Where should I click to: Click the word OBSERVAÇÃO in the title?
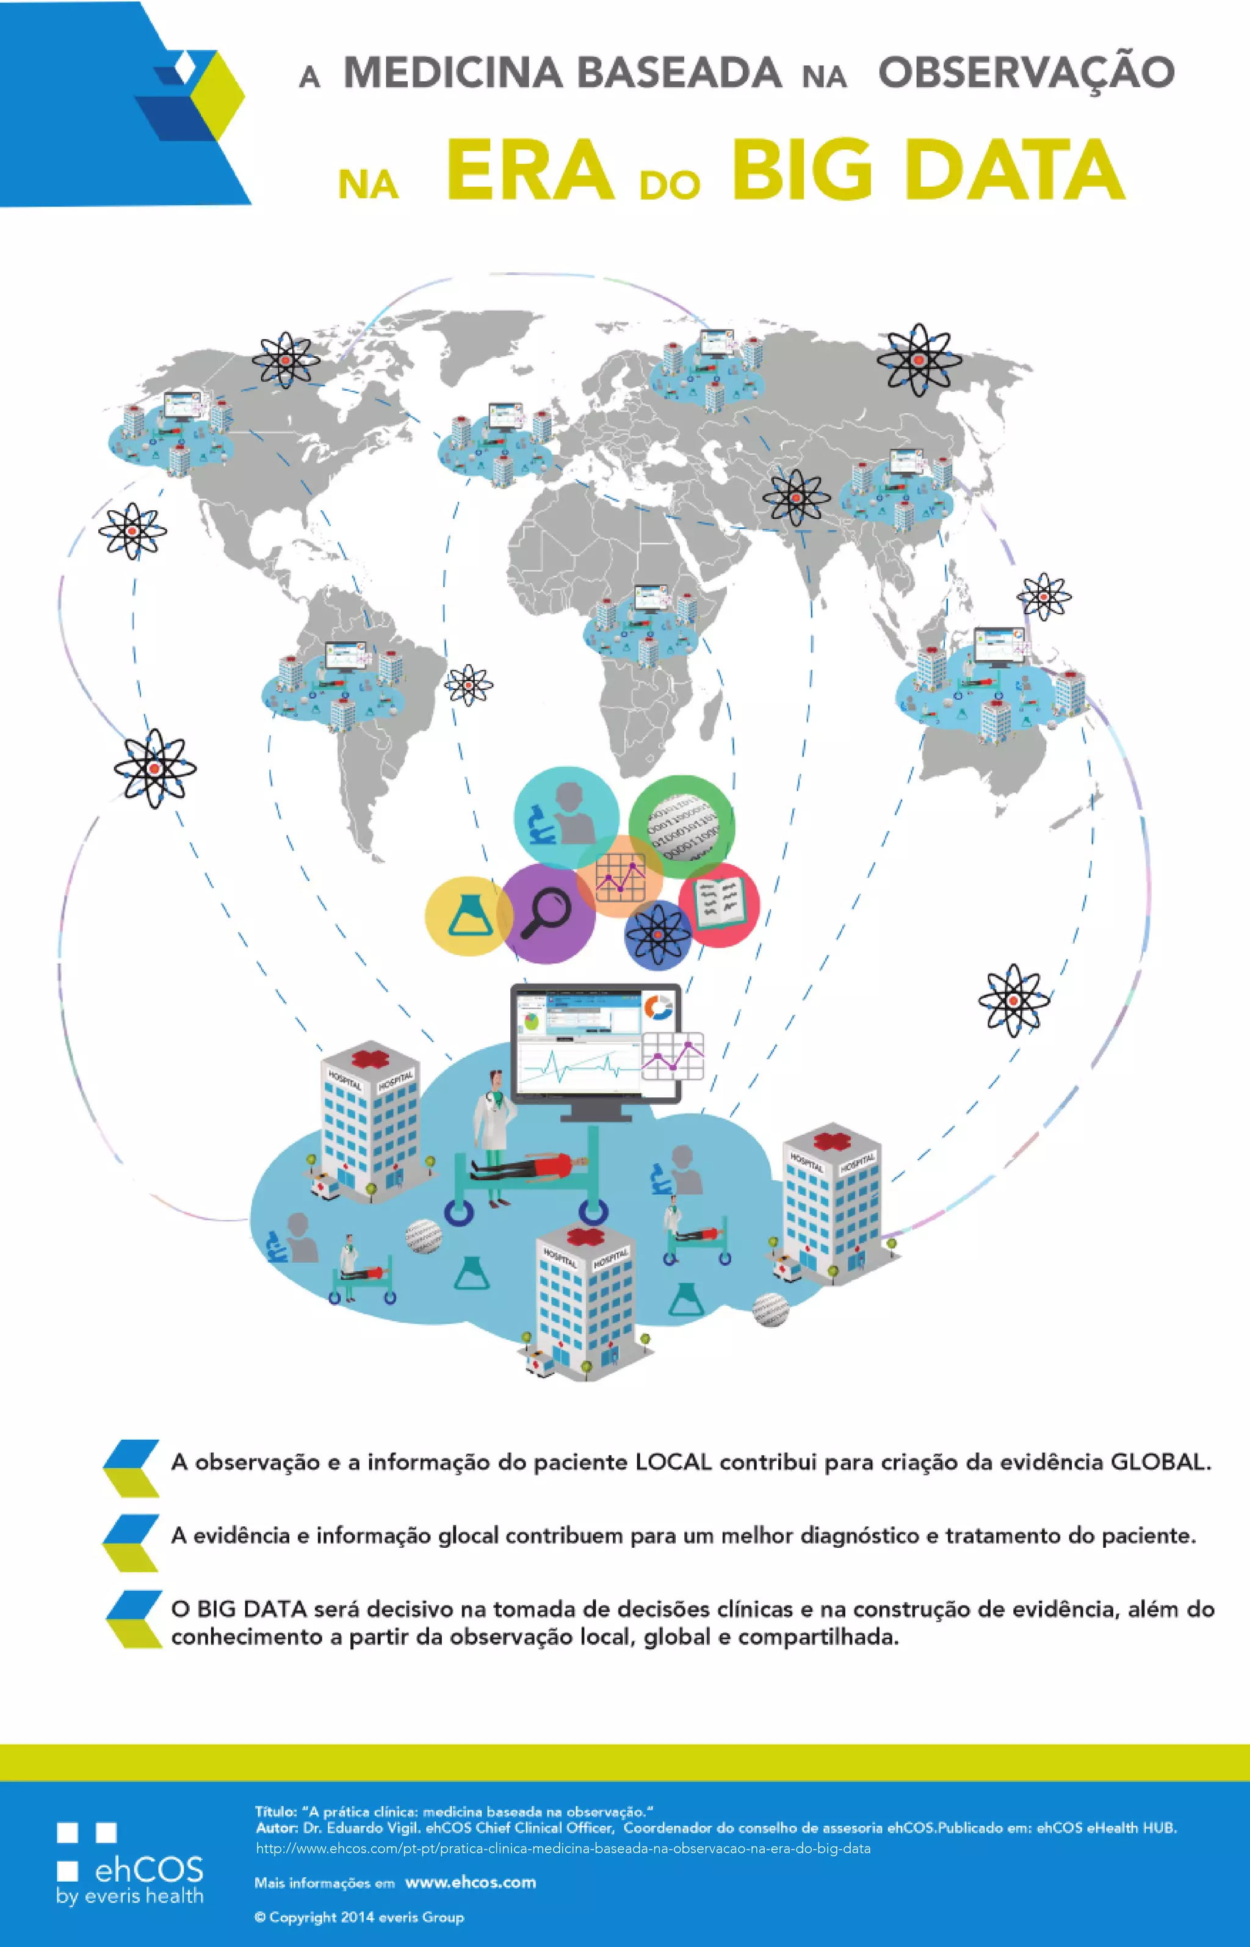(x=1026, y=73)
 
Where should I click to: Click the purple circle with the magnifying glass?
(x=546, y=912)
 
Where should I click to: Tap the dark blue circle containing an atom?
(x=657, y=934)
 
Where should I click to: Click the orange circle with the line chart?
(x=620, y=875)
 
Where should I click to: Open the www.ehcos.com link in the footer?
(x=470, y=1882)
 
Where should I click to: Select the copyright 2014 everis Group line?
(x=359, y=1917)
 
